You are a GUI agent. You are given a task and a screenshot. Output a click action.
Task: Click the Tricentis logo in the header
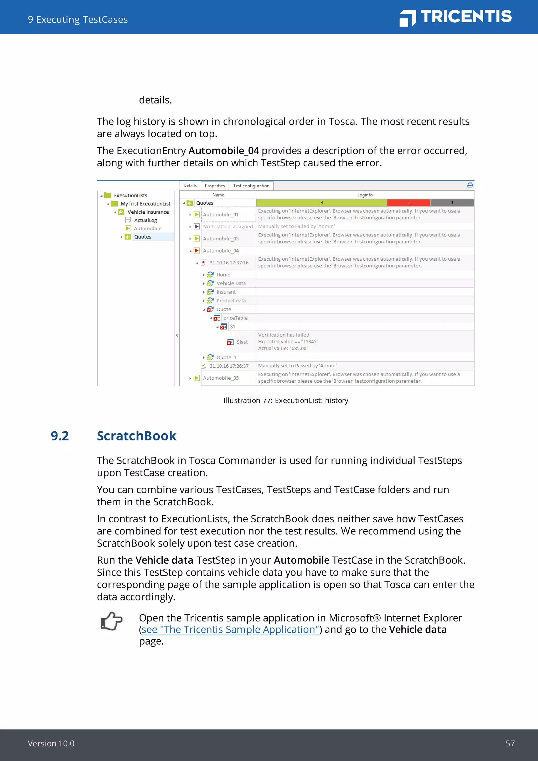456,17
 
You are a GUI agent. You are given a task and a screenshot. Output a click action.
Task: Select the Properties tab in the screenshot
215,186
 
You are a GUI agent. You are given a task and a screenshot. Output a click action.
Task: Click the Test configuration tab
251,186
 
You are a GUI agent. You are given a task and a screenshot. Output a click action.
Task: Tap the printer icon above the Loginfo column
470,185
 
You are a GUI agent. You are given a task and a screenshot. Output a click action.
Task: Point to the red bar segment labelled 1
408,203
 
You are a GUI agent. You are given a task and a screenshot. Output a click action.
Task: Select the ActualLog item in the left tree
146,220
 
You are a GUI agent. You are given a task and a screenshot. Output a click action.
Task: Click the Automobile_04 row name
221,251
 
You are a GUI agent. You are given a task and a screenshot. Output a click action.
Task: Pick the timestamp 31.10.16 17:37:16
229,263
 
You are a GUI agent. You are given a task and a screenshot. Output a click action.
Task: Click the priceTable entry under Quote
235,318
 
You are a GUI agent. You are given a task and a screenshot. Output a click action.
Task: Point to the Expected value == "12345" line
288,342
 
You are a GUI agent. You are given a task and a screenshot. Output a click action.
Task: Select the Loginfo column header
365,195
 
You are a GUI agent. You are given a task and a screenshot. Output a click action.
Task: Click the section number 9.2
60,436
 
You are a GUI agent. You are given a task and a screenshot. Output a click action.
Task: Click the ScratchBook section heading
137,436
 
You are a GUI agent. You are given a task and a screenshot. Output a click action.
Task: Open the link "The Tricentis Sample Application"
230,630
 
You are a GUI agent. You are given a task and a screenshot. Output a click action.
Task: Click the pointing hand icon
111,621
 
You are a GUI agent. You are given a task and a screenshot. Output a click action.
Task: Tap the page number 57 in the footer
510,743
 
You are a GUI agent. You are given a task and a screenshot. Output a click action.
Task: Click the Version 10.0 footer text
51,743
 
